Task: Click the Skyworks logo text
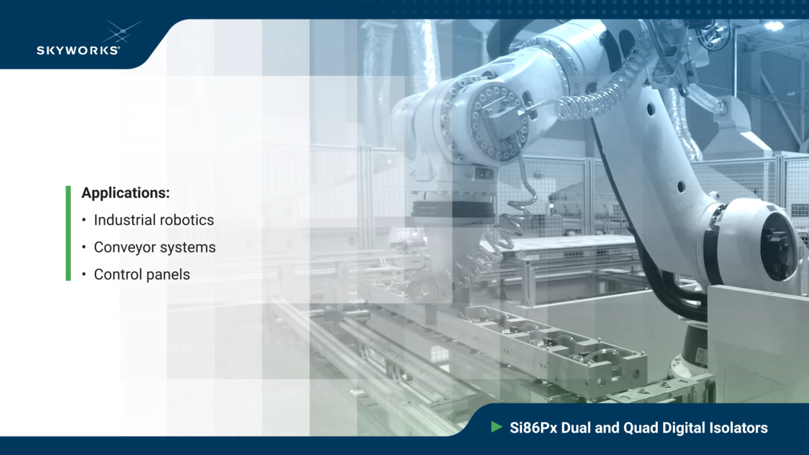point(78,50)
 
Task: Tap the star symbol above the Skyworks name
point(121,31)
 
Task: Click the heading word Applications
point(125,193)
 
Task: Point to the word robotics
point(186,220)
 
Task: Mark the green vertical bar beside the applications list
point(68,233)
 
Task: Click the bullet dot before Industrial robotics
point(84,220)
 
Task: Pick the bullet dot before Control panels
point(84,275)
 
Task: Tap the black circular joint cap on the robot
point(778,245)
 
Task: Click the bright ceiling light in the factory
point(774,26)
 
